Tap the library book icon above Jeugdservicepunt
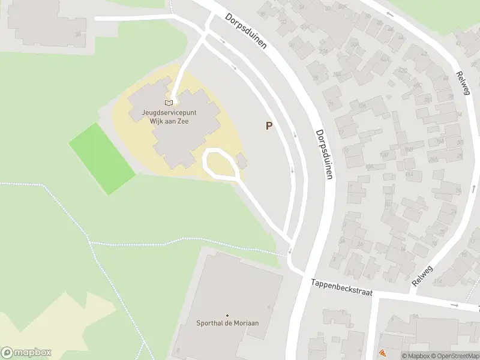168,103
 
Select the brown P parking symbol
269,126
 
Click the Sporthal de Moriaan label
227,323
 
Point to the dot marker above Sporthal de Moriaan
227,315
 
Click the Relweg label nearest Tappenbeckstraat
422,273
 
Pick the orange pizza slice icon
382,354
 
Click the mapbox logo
26,353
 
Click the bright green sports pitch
102,158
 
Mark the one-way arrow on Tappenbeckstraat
454,305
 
